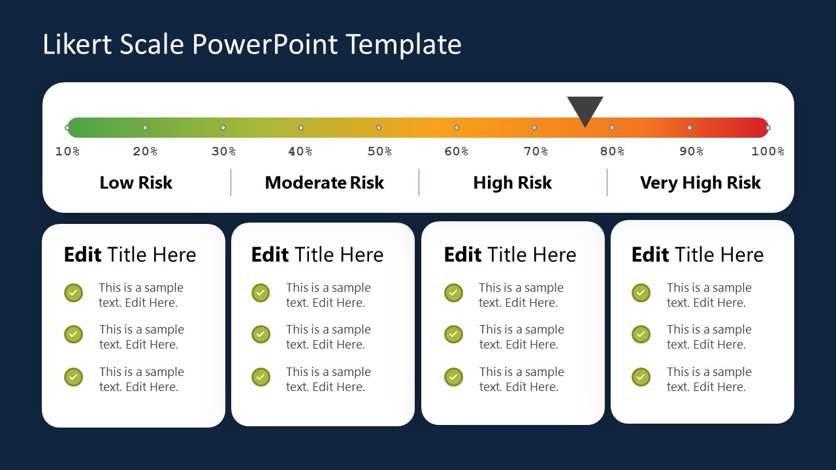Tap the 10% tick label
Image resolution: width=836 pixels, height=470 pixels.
tap(67, 151)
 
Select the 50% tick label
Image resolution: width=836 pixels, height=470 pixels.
tap(379, 151)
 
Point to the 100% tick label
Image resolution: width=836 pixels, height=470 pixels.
tap(767, 151)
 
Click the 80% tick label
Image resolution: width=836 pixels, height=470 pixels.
tap(612, 151)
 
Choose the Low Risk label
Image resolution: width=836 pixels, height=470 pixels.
tap(136, 183)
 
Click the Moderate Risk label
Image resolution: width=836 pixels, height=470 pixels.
tap(325, 183)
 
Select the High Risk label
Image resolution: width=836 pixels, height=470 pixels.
tap(513, 183)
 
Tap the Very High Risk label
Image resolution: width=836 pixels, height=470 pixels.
tap(700, 183)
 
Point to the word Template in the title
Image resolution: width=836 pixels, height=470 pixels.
tap(404, 44)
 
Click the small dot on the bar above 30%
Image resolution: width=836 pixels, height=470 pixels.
tap(223, 128)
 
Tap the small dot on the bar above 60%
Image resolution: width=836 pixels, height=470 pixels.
tap(457, 128)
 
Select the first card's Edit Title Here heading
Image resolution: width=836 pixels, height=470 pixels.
tap(130, 255)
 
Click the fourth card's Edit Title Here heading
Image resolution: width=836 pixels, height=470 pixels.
tap(698, 255)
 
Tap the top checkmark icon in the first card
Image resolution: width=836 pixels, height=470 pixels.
tap(73, 292)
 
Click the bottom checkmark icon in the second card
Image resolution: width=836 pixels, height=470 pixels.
tap(261, 377)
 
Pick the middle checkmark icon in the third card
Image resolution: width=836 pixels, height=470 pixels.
tap(453, 334)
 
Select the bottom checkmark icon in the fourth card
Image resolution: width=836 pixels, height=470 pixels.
tap(641, 377)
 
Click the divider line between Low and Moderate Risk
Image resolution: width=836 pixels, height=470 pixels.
tap(231, 182)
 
